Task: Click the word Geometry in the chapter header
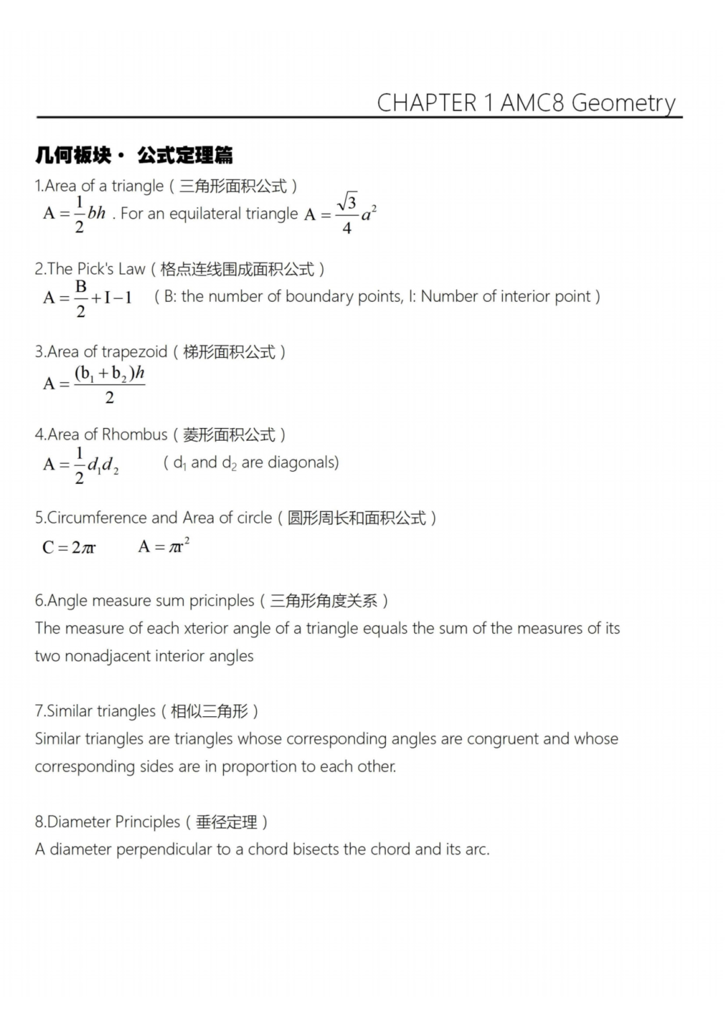click(x=623, y=103)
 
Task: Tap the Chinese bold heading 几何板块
click(x=73, y=155)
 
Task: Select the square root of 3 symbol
click(x=348, y=202)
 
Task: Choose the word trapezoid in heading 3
click(x=134, y=351)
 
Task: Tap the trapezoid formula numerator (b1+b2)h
click(x=110, y=373)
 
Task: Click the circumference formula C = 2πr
click(x=69, y=547)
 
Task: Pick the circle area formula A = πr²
click(x=164, y=546)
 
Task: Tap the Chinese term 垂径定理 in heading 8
click(x=227, y=822)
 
